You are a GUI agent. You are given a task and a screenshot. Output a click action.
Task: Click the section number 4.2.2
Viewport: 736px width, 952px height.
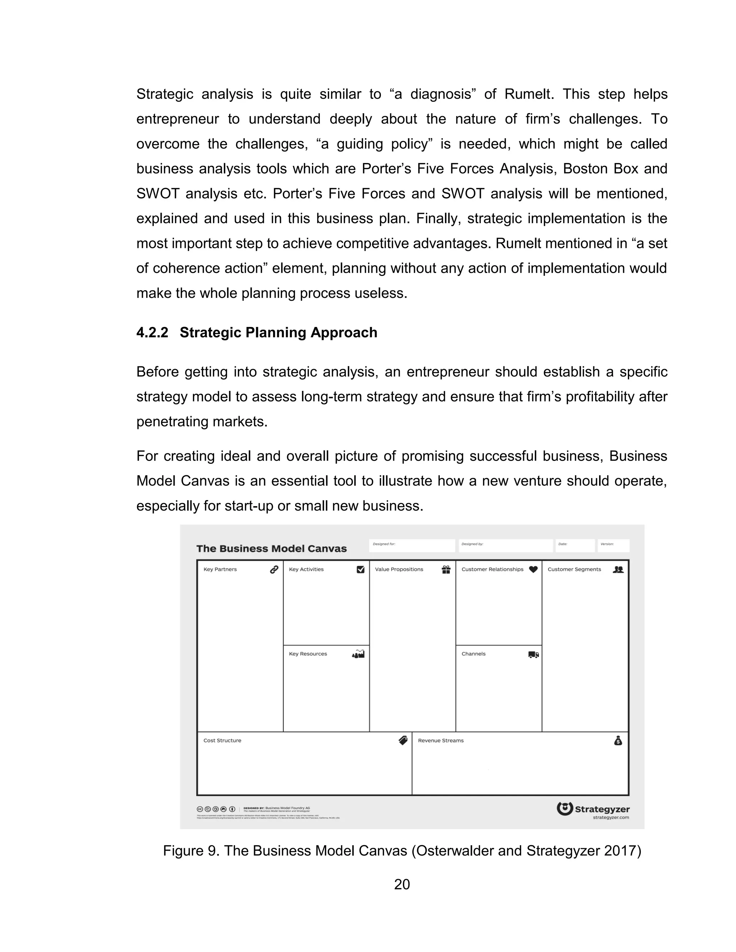click(x=152, y=333)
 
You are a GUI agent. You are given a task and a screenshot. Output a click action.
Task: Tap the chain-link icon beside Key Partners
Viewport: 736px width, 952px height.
click(x=274, y=569)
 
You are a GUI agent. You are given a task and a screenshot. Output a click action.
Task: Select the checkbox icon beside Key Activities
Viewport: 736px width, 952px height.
click(x=360, y=569)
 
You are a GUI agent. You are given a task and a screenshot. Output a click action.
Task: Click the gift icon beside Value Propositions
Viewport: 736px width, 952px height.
click(x=446, y=569)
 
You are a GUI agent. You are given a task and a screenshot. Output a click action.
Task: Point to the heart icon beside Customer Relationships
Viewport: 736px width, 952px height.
click(x=533, y=569)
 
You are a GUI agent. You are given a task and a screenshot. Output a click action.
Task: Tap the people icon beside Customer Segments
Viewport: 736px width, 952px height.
click(x=618, y=569)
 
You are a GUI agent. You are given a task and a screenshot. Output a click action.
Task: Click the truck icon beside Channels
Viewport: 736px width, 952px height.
click(x=533, y=654)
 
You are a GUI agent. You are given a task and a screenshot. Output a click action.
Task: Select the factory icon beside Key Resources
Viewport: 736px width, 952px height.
click(x=358, y=654)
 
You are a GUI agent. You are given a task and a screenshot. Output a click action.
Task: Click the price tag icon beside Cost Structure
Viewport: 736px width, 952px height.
click(x=403, y=740)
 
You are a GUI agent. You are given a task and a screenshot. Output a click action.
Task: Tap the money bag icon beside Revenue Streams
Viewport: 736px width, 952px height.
click(x=618, y=740)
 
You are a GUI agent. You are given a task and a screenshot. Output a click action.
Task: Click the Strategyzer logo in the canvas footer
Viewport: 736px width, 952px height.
click(x=593, y=809)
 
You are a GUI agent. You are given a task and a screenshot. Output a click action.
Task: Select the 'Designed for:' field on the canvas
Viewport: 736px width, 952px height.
click(x=411, y=545)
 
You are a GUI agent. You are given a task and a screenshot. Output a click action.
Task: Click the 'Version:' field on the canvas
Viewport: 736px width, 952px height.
click(x=613, y=545)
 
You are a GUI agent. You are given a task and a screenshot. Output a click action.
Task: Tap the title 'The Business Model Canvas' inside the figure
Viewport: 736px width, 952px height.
click(x=271, y=548)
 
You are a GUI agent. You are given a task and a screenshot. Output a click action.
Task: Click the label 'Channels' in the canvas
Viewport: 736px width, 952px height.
click(x=473, y=654)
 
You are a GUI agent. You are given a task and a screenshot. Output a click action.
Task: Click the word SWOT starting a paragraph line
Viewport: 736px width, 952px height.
click(x=158, y=194)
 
